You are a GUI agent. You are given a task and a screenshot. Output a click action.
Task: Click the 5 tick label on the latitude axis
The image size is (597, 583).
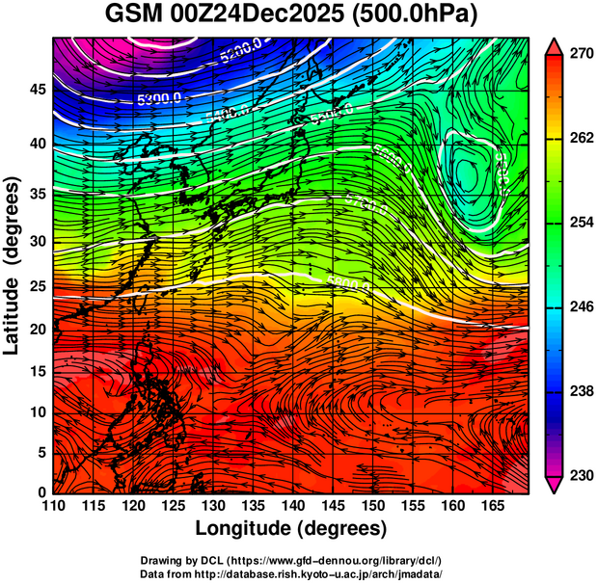tap(41, 452)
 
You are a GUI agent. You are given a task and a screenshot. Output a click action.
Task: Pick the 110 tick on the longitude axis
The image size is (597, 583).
tap(53, 506)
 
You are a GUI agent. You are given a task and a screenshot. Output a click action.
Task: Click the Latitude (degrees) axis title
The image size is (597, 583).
tap(14, 265)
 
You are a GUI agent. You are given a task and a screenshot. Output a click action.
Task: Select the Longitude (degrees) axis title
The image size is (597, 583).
tap(291, 528)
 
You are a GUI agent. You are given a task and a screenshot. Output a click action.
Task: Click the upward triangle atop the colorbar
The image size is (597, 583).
tap(555, 46)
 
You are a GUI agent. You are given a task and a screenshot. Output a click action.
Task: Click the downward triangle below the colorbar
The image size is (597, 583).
tap(555, 486)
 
